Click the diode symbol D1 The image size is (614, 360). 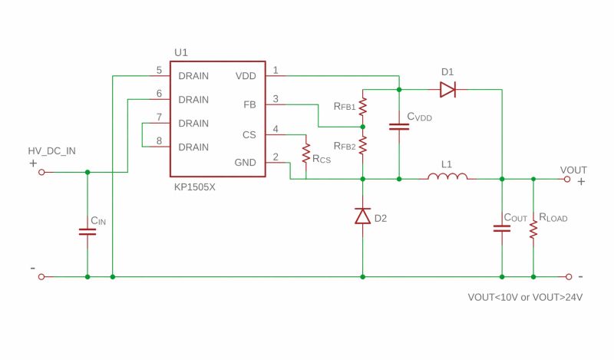tap(447, 90)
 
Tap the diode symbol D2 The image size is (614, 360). tap(362, 216)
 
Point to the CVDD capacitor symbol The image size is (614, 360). tap(399, 125)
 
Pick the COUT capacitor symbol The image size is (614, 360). tap(502, 227)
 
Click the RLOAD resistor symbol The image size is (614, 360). tap(533, 227)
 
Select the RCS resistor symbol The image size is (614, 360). tap(305, 150)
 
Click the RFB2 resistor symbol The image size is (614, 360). tap(362, 144)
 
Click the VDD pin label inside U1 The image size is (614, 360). tap(246, 76)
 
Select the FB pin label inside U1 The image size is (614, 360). tap(249, 104)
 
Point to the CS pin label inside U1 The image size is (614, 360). tap(249, 134)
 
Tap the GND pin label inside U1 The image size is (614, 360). tap(246, 163)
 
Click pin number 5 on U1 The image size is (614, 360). tap(159, 71)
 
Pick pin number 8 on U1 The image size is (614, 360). tap(159, 140)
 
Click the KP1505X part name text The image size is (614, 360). tap(194, 187)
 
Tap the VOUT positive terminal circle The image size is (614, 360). tap(567, 179)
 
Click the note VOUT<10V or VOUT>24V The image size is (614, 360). tap(525, 297)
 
